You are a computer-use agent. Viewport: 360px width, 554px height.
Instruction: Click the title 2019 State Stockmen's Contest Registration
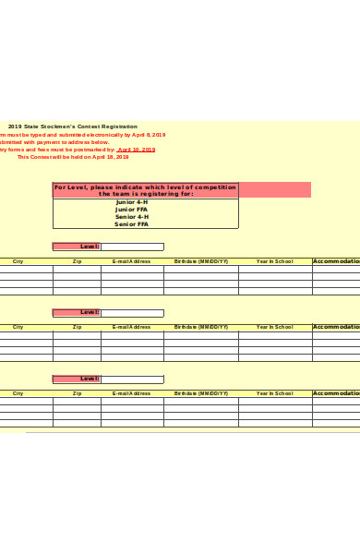pyautogui.click(x=73, y=126)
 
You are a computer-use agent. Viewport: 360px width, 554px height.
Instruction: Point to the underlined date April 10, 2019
pyautogui.click(x=136, y=149)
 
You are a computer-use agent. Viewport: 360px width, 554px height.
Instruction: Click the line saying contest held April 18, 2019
pyautogui.click(x=73, y=156)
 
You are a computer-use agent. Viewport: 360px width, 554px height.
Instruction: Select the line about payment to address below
pyautogui.click(x=54, y=141)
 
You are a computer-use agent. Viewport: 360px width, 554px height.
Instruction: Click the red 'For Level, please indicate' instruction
pyautogui.click(x=145, y=190)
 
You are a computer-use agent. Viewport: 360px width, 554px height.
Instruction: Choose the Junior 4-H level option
pyautogui.click(x=131, y=202)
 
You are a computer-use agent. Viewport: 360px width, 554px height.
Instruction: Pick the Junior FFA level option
pyautogui.click(x=131, y=210)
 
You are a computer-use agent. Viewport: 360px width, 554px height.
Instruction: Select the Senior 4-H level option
pyautogui.click(x=131, y=217)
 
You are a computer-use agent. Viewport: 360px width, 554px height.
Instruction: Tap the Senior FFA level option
pyautogui.click(x=131, y=224)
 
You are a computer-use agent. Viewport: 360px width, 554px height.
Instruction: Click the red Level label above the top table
pyautogui.click(x=77, y=247)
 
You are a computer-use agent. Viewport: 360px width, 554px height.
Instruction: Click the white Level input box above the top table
pyautogui.click(x=132, y=247)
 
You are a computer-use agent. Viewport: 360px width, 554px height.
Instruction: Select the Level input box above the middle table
pyautogui.click(x=132, y=313)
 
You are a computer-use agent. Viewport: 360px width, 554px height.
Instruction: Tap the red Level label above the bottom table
pyautogui.click(x=77, y=379)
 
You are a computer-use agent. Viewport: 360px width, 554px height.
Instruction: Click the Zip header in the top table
pyautogui.click(x=77, y=261)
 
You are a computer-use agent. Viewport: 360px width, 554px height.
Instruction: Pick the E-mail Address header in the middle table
pyautogui.click(x=132, y=327)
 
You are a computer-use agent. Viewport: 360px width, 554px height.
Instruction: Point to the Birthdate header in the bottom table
pyautogui.click(x=201, y=393)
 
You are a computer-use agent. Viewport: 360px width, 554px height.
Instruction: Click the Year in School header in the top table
pyautogui.click(x=275, y=261)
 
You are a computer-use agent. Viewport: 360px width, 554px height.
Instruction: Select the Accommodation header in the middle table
pyautogui.click(x=336, y=327)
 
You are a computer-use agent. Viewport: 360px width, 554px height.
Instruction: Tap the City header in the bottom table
pyautogui.click(x=18, y=393)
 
